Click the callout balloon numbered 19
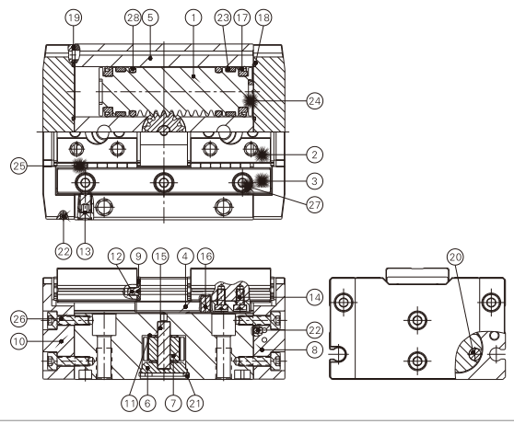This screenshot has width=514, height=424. click(x=74, y=16)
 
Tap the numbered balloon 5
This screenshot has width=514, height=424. click(x=151, y=16)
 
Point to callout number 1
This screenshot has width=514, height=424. click(x=191, y=16)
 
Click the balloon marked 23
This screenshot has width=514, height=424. click(x=222, y=16)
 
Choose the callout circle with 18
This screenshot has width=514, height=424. click(x=263, y=16)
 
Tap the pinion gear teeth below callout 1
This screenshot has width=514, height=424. click(x=163, y=124)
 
